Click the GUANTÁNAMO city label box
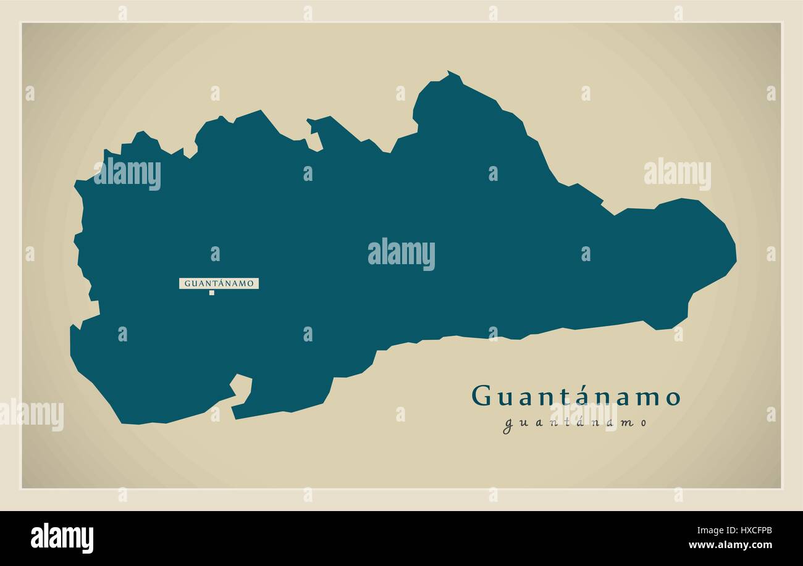[x=219, y=283]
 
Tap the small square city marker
[x=211, y=293]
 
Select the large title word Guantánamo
[x=576, y=396]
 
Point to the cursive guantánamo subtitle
[x=576, y=423]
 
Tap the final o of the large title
[x=673, y=398]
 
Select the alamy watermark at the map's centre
[x=401, y=254]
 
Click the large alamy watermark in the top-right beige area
[x=677, y=174]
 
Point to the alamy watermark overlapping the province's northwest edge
[x=127, y=173]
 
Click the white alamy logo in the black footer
[x=62, y=538]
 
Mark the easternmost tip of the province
[x=735, y=253]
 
